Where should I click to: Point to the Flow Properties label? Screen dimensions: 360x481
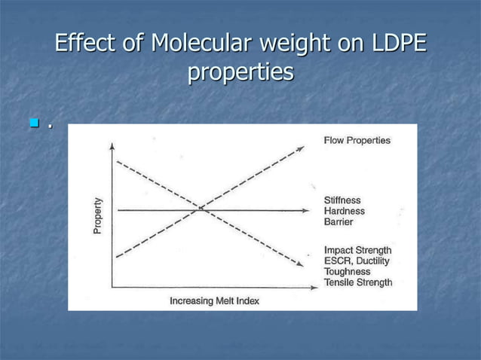click(357, 141)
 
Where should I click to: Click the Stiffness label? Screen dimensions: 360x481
click(342, 200)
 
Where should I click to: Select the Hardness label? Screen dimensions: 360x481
click(344, 211)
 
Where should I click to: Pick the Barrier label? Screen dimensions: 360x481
click(339, 221)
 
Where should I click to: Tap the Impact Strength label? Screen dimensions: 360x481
click(357, 250)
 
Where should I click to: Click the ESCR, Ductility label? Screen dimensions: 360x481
click(357, 261)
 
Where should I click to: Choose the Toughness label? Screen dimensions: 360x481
click(347, 271)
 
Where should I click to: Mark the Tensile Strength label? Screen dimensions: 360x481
click(357, 282)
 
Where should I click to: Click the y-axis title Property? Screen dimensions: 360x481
click(98, 215)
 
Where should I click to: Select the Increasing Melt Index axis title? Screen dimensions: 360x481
click(214, 301)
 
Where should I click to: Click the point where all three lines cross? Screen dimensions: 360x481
click(201, 209)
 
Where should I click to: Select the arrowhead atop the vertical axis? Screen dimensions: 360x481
click(112, 146)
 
